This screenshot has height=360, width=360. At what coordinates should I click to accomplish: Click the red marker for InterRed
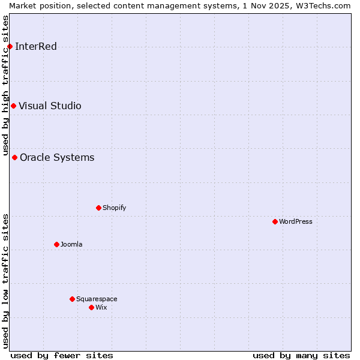10,47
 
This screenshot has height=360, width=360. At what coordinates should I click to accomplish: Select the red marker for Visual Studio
13,106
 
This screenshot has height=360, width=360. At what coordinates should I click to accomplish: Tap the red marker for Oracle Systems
14,158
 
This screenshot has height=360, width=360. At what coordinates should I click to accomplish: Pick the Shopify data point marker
98,208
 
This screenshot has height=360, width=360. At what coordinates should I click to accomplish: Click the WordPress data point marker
275,222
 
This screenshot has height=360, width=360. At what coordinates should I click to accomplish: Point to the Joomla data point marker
56,245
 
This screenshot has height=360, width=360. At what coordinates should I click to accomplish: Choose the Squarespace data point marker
72,299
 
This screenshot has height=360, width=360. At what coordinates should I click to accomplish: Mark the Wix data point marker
91,308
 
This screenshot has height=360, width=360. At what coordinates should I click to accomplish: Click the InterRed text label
36,47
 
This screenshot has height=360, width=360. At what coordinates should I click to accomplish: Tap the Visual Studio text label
50,106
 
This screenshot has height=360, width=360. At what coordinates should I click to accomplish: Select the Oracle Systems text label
57,158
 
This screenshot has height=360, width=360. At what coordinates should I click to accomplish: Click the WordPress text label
296,222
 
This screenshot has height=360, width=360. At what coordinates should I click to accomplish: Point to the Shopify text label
114,208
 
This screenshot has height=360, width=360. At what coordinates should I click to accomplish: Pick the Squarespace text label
97,299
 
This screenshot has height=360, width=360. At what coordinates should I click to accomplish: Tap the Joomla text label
71,245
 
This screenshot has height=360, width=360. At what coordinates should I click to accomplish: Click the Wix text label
101,308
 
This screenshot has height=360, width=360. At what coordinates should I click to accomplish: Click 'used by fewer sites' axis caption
62,355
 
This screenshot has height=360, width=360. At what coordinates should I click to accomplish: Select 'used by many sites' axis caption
301,355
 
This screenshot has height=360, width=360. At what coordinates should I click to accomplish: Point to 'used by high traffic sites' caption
5,84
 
